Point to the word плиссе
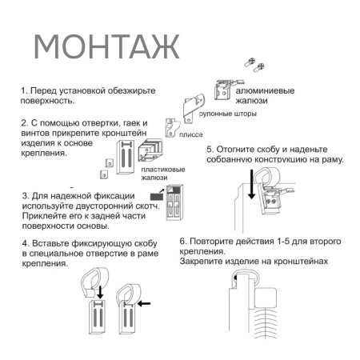point(191,135)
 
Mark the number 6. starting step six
point(183,241)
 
